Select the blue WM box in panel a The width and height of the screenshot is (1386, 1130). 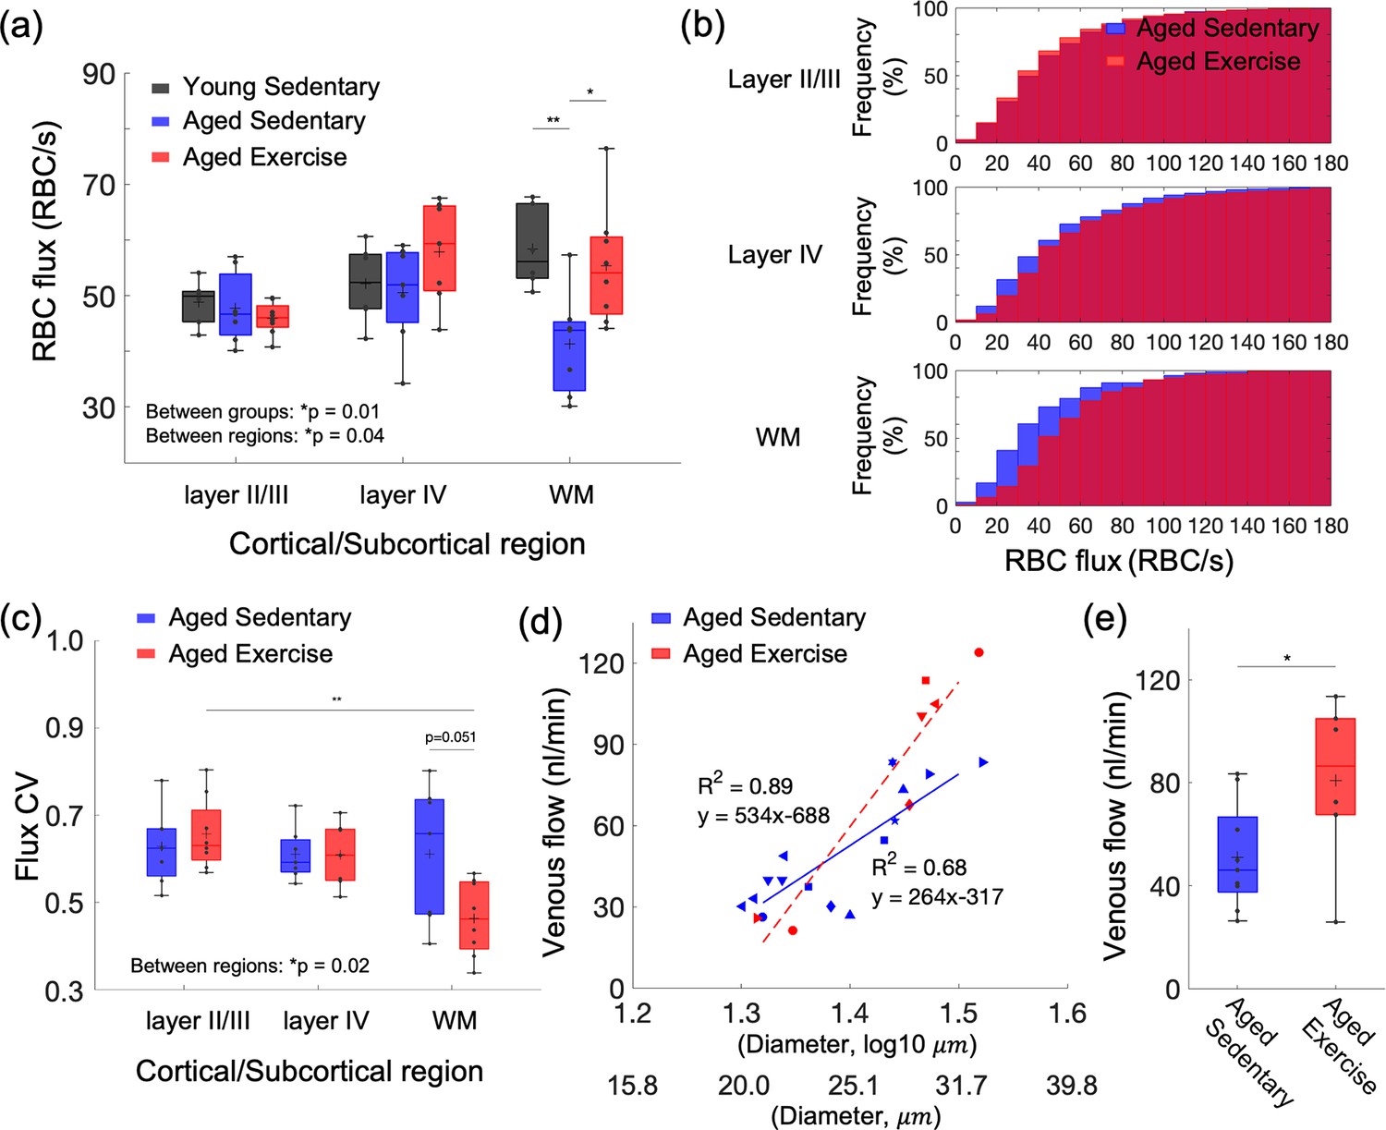568,356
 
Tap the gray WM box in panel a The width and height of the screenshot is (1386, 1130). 532,240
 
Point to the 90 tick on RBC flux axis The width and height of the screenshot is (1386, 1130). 99,74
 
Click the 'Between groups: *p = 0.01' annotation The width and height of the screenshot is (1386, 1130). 262,411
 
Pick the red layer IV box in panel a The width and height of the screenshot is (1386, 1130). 439,249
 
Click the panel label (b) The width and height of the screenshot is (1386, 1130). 702,26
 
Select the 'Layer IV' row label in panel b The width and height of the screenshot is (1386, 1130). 774,255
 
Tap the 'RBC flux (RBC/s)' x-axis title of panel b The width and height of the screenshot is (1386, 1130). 1119,560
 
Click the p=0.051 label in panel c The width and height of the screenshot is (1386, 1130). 450,737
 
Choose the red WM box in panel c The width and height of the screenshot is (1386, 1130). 473,915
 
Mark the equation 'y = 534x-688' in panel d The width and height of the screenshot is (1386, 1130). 763,816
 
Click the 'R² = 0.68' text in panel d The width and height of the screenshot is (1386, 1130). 918,868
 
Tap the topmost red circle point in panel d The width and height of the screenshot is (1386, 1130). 979,653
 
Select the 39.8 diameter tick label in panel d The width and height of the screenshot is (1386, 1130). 1071,1085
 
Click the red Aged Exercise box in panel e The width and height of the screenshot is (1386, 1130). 1335,766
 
